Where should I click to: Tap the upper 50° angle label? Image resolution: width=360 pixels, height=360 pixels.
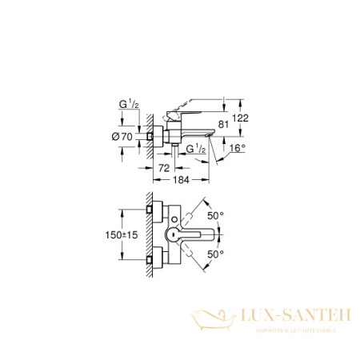point(214,216)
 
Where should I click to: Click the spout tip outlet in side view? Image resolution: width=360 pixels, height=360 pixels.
point(209,137)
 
